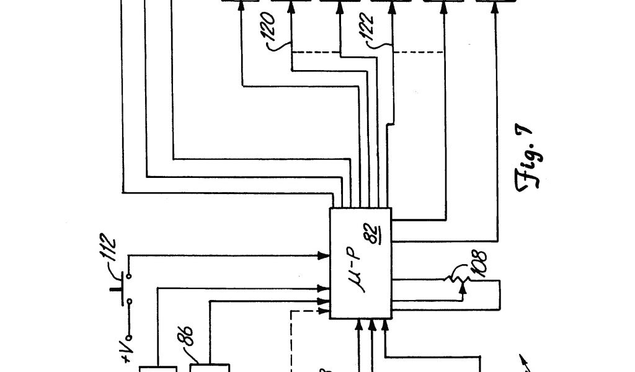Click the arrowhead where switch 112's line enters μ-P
pyautogui.click(x=324, y=255)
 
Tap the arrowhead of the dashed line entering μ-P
pyautogui.click(x=324, y=309)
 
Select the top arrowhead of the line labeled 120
pyautogui.click(x=291, y=8)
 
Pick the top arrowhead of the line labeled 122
pyautogui.click(x=391, y=8)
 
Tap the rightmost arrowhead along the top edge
pyautogui.click(x=495, y=8)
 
